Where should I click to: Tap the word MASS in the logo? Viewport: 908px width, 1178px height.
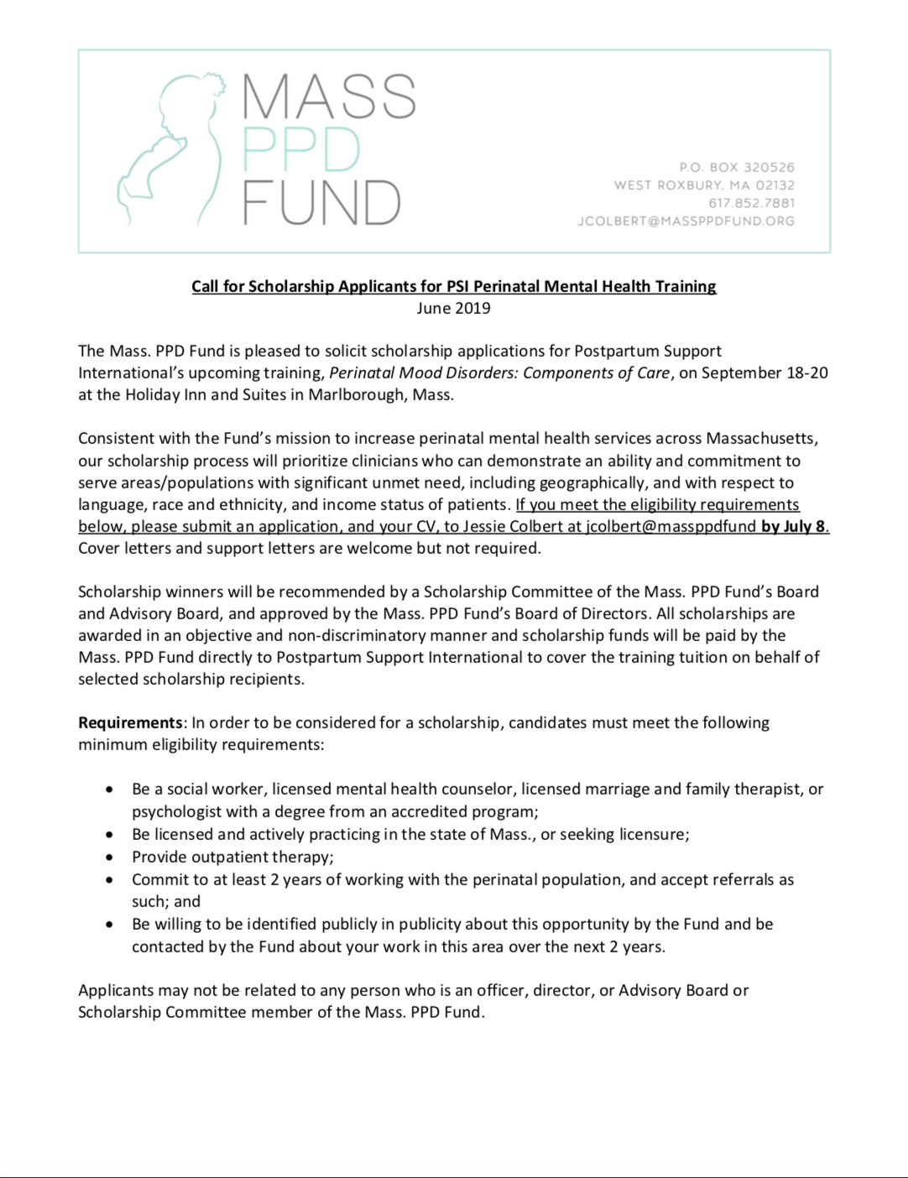pyautogui.click(x=329, y=96)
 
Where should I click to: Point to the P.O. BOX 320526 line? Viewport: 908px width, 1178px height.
pyautogui.click(x=737, y=168)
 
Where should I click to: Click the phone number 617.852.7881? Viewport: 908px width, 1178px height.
pyautogui.click(x=751, y=203)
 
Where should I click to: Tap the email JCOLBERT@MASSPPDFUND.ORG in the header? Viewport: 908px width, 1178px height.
pyautogui.click(x=686, y=221)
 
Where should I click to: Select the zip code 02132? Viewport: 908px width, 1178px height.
pyautogui.click(x=775, y=185)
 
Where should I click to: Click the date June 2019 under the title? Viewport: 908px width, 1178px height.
pyautogui.click(x=453, y=308)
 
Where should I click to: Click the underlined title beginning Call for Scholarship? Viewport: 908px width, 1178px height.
pyautogui.click(x=453, y=286)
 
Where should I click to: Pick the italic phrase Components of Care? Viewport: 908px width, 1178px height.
pyautogui.click(x=597, y=373)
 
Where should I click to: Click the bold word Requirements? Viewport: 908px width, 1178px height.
pyautogui.click(x=130, y=722)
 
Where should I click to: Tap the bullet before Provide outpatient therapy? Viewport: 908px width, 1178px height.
pyautogui.click(x=110, y=857)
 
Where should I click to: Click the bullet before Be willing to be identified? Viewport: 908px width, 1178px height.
pyautogui.click(x=110, y=925)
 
